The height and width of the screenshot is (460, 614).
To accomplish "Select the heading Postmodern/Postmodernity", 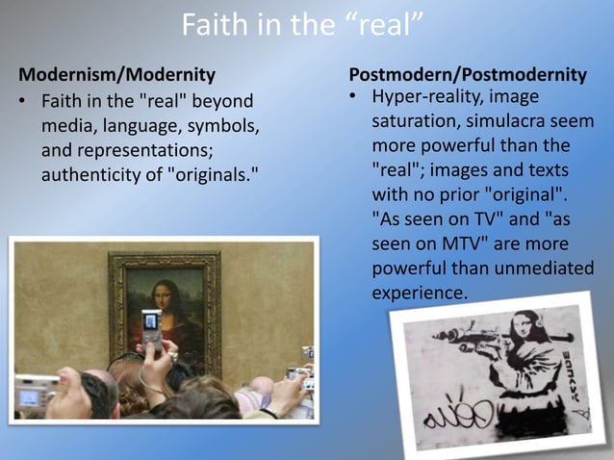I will click(x=468, y=75).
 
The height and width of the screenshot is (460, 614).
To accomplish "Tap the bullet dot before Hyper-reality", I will click(x=353, y=97).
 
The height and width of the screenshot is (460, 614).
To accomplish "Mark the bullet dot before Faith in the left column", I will click(x=21, y=101).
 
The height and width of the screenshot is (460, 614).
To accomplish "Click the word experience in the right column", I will click(x=419, y=291).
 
